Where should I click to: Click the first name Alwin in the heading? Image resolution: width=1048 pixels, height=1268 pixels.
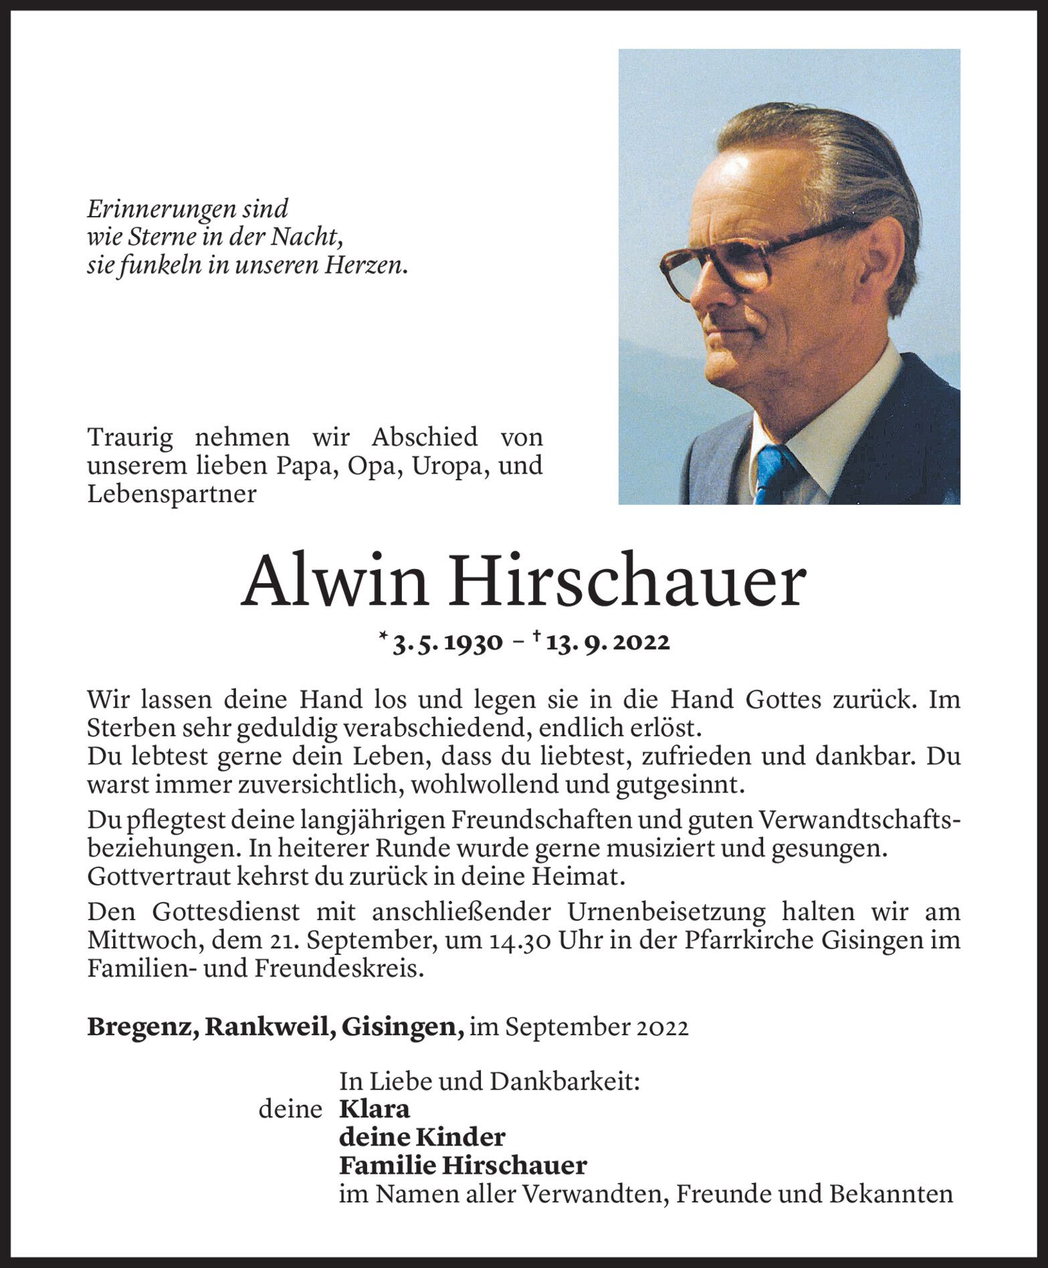tap(334, 581)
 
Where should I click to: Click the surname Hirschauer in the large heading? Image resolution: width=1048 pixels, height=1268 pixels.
tap(627, 581)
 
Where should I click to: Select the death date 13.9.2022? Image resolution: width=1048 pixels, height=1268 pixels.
tap(607, 643)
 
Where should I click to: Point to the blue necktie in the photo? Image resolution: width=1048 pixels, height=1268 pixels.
tap(773, 471)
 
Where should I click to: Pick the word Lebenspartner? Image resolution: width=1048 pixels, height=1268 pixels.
tap(172, 494)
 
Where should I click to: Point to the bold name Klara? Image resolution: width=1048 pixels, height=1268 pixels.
tap(375, 1109)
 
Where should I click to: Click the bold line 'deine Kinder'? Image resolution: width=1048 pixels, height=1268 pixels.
tap(422, 1137)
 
